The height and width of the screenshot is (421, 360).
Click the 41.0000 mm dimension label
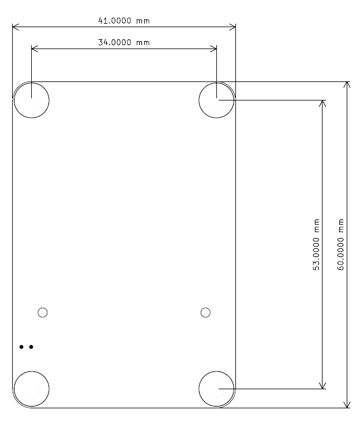click(124, 21)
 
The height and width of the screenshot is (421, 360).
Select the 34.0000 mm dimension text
click(124, 42)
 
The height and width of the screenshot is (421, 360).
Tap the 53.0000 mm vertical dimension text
click(317, 244)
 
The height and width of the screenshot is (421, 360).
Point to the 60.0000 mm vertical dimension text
click(340, 244)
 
